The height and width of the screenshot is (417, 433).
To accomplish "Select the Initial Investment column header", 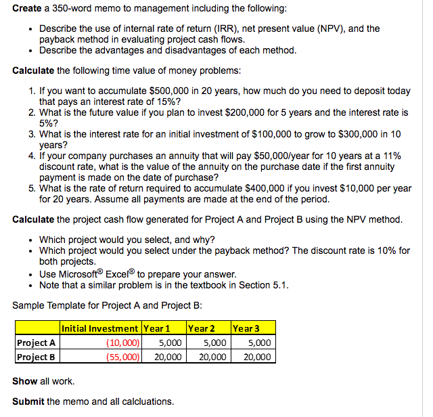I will pos(101,328).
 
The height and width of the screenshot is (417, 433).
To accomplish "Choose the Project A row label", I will pos(35,343).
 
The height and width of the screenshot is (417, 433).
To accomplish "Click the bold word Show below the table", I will pos(25,381).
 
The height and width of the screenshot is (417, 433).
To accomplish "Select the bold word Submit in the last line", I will pos(28,401).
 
